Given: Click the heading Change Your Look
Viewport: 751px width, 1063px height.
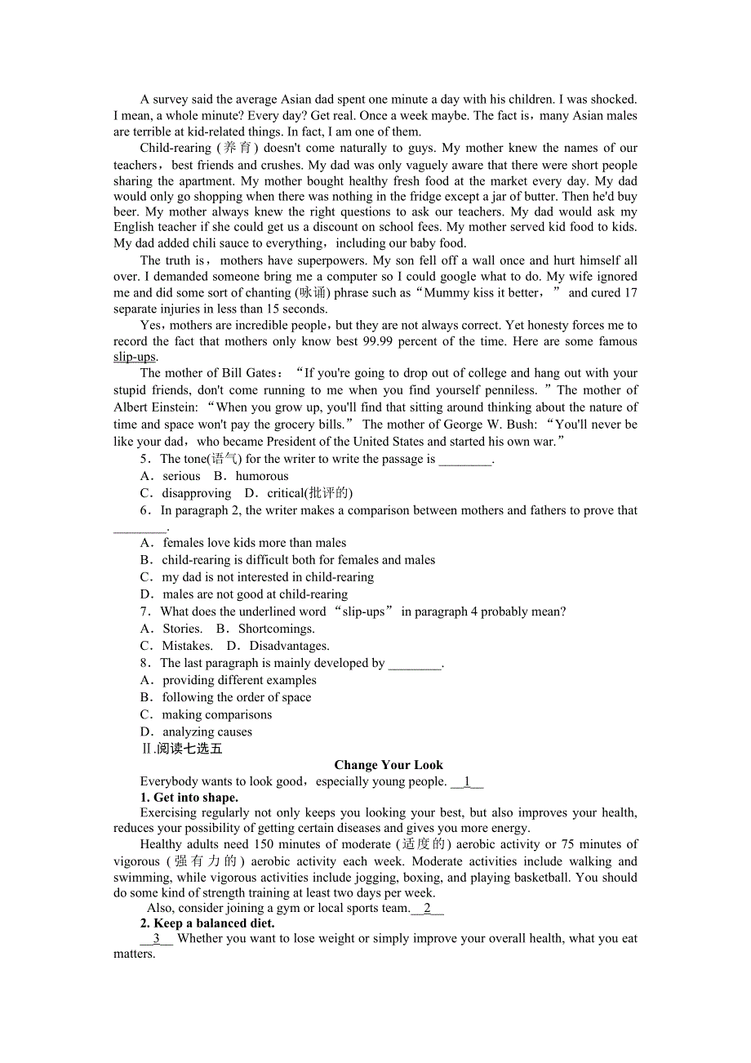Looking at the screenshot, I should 389,765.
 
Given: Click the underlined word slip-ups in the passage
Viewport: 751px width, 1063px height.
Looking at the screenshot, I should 135,357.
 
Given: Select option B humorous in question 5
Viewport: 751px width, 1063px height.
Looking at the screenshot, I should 261,476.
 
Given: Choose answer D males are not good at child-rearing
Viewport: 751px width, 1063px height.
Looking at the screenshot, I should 254,594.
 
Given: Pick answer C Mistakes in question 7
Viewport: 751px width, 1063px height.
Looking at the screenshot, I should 187,646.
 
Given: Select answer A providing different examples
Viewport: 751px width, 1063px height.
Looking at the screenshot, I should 238,680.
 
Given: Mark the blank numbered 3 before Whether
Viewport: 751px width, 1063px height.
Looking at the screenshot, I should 156,939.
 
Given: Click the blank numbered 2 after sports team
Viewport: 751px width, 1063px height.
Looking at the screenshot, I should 427,908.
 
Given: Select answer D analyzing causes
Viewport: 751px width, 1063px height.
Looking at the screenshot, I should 207,732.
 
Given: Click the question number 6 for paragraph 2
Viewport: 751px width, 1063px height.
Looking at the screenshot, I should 144,510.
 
